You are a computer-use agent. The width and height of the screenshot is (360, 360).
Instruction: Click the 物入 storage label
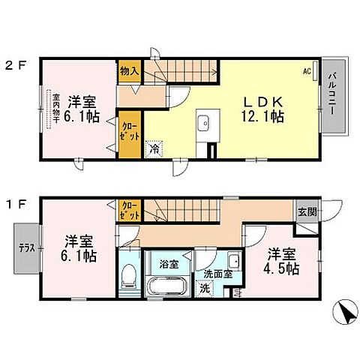tap(129, 72)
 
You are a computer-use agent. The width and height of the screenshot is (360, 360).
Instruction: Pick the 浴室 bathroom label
tap(168, 264)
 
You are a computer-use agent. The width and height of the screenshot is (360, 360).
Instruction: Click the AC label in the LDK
tap(307, 72)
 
